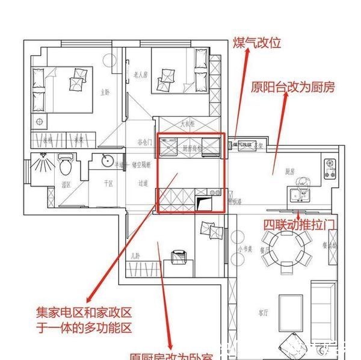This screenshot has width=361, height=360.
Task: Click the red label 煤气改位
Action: [257, 43]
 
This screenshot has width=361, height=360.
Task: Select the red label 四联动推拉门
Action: [299, 224]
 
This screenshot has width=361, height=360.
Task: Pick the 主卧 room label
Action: [105, 92]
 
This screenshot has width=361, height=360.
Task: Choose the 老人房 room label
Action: [140, 75]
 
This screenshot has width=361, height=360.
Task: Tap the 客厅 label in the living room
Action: [263, 312]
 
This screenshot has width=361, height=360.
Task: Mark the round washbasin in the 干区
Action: [106, 161]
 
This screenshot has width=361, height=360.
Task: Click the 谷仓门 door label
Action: [144, 142]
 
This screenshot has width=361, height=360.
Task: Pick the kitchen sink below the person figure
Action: [297, 194]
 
